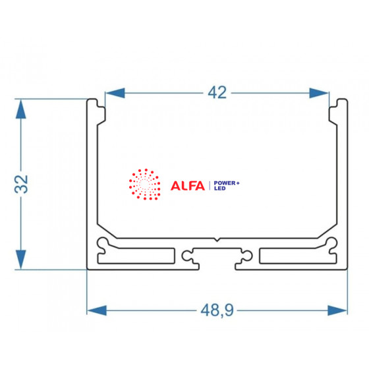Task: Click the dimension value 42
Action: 217,92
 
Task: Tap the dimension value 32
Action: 21,184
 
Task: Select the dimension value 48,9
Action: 217,310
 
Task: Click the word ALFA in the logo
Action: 188,186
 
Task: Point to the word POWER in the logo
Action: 225,183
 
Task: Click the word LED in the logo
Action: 220,188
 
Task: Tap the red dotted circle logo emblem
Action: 145,184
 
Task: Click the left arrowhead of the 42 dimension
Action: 115,93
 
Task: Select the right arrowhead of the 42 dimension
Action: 319,93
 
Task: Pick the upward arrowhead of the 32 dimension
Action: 21,109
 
